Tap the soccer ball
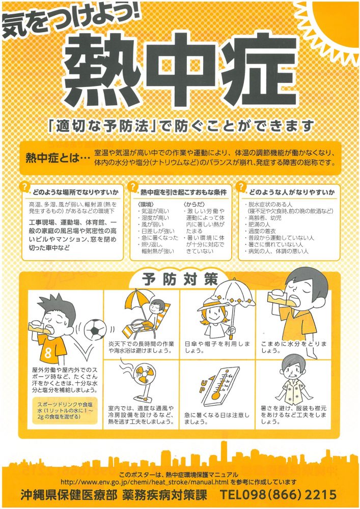pos(95,329)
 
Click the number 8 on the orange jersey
pos(48,353)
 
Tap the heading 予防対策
pos(180,279)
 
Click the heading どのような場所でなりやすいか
pos(76,192)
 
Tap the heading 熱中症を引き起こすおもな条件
pos(183,192)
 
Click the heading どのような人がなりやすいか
pos(292,192)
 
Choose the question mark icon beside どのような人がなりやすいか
pos(241,187)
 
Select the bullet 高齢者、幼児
pos(263,218)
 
